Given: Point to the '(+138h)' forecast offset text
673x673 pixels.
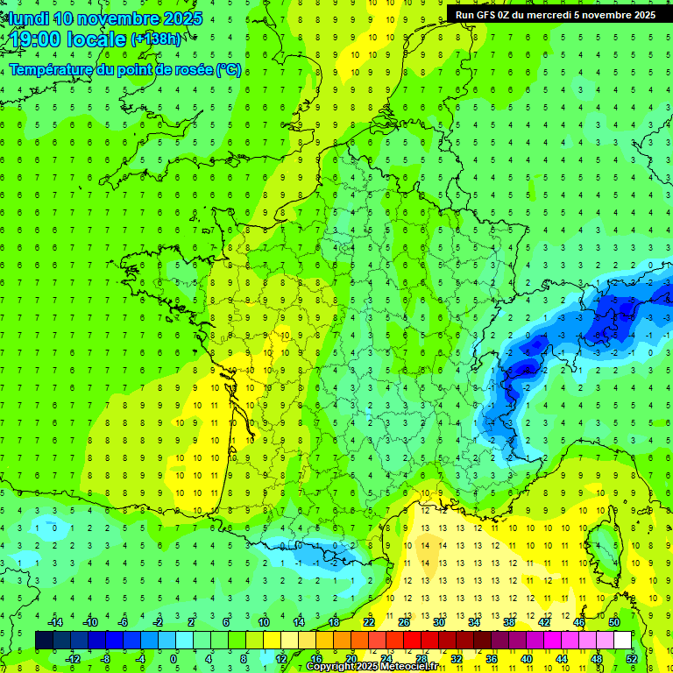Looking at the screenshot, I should click(157, 39).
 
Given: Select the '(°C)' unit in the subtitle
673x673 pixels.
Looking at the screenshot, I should click(229, 70).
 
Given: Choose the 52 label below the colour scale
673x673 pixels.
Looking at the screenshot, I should click(632, 658).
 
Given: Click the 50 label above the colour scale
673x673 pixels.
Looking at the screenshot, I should click(614, 622).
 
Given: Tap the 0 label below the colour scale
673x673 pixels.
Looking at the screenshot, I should click(174, 658).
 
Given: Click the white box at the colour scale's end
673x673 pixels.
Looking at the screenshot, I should click(623, 641).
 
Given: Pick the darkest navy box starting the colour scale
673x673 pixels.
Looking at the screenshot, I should click(44, 641).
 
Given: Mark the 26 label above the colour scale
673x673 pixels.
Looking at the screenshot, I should click(404, 622).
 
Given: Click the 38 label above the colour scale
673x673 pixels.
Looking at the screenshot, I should click(509, 622).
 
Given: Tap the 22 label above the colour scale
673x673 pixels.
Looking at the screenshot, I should click(369, 622).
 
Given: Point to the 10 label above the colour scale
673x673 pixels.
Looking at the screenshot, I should click(264, 622).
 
